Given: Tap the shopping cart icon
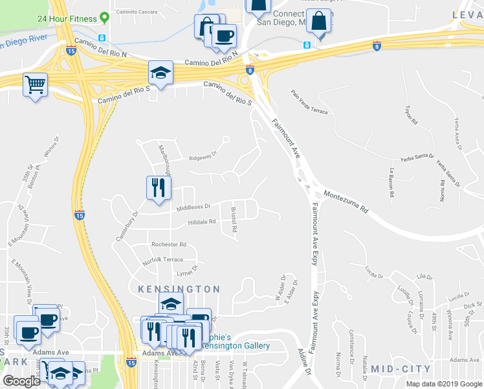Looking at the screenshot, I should pyautogui.click(x=35, y=84).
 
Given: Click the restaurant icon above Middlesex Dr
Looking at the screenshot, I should pyautogui.click(x=159, y=188).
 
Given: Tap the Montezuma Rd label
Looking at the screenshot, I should pyautogui.click(x=346, y=202).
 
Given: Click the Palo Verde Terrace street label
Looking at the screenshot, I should pyautogui.click(x=309, y=102).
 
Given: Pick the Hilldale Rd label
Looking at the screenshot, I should pyautogui.click(x=201, y=221).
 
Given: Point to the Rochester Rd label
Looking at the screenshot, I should pyautogui.click(x=168, y=244).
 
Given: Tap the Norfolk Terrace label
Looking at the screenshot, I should pyautogui.click(x=163, y=259).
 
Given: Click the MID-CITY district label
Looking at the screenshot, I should pyautogui.click(x=401, y=368).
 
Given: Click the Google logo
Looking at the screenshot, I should pyautogui.click(x=22, y=381).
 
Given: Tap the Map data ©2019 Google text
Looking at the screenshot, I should pyautogui.click(x=444, y=384).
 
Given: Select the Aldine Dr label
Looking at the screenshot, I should pyautogui.click(x=305, y=368).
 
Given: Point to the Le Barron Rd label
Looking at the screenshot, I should pyautogui.click(x=391, y=183).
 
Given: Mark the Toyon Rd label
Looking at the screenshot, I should pyautogui.click(x=409, y=114).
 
